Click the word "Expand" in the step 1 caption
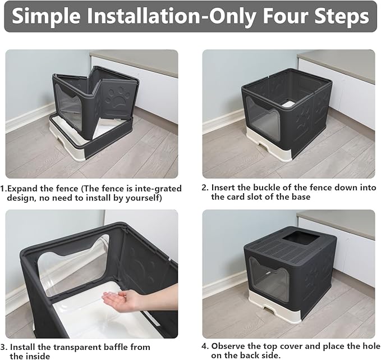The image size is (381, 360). (25, 188)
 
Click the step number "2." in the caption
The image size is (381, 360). (205, 188)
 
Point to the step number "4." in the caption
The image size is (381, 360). (205, 347)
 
